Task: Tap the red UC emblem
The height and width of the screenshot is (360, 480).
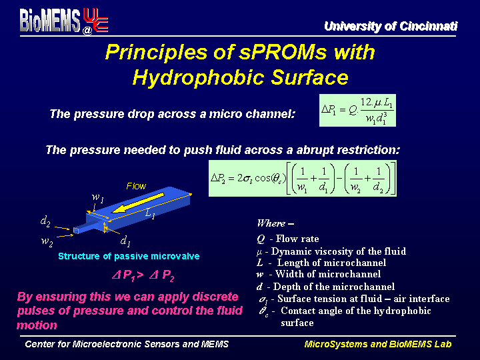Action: coord(95,20)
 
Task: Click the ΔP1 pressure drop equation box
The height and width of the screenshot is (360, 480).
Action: coord(357,110)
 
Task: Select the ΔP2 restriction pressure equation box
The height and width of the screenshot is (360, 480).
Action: coord(303,178)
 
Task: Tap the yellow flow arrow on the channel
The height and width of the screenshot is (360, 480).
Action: coord(138,203)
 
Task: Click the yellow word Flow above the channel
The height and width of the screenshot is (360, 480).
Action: coord(136,186)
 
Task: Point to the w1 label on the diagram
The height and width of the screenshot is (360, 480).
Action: coord(98,197)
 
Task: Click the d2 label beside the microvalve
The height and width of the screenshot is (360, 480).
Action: coord(45,221)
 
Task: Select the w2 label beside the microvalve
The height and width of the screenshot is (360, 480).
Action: coord(47,241)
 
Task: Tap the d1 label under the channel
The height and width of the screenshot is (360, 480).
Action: coord(125,241)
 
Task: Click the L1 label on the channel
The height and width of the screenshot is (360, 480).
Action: coord(150,213)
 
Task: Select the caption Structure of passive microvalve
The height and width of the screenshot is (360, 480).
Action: coord(129,256)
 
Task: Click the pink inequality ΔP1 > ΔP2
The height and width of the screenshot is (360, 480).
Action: coord(143,275)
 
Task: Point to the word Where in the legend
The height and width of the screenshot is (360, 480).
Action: coord(271,223)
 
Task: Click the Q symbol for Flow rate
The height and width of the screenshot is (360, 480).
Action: coord(261,239)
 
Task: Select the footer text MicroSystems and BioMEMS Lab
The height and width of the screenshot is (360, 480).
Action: coord(378,344)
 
